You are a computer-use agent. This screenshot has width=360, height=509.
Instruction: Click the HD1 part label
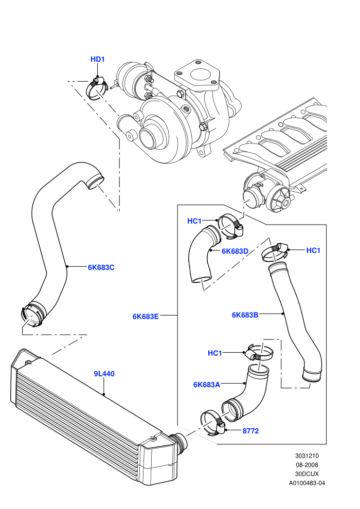tap(97, 60)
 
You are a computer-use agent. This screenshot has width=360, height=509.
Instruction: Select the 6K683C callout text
tap(101, 267)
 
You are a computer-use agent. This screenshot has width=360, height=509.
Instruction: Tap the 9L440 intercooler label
tap(104, 374)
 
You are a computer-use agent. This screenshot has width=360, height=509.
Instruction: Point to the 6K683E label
tap(146, 317)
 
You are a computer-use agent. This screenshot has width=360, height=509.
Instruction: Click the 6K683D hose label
tap(235, 251)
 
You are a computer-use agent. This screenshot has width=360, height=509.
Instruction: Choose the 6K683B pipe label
tap(245, 315)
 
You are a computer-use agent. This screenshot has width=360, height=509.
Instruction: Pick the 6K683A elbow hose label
tap(207, 385)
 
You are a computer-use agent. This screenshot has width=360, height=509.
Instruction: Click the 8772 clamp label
tap(250, 431)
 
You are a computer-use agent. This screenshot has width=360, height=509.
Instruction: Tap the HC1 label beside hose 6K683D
tap(194, 221)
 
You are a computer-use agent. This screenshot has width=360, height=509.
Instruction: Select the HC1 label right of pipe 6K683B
tap(313, 250)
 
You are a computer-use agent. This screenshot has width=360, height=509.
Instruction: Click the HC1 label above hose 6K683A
tap(215, 353)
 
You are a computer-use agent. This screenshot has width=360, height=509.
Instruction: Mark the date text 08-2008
tap(307, 465)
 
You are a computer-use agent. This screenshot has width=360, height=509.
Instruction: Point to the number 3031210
tap(307, 456)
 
